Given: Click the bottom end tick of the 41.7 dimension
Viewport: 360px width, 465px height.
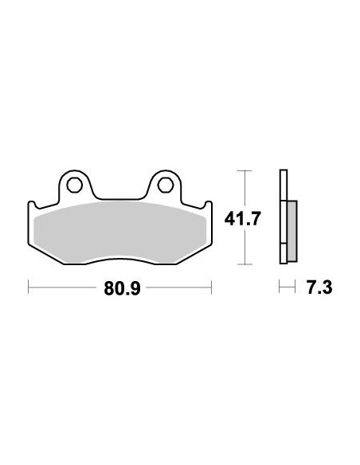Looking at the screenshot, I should [x=245, y=264].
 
